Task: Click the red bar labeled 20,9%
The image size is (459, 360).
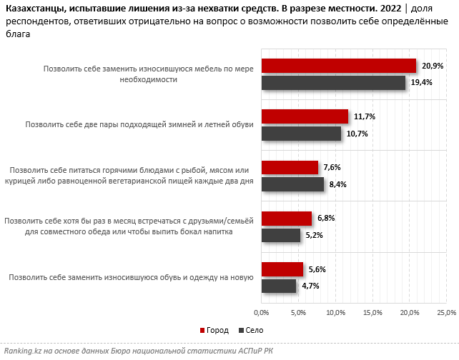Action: point(338,66)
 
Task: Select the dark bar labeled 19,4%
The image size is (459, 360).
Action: point(333,83)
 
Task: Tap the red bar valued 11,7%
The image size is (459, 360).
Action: point(305,116)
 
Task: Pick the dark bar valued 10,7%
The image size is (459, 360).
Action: point(301,134)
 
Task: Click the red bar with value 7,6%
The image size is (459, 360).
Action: point(290,167)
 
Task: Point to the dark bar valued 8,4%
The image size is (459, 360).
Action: point(292,184)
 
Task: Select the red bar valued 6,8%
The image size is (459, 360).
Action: point(287,218)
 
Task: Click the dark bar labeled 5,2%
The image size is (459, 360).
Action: point(280,235)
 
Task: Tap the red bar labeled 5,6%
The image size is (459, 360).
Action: point(282,269)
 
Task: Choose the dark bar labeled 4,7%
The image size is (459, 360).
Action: point(279,286)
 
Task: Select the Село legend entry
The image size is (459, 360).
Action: point(250,331)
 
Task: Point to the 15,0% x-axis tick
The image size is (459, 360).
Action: point(372,312)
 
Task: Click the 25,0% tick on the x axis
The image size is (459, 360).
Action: point(446,312)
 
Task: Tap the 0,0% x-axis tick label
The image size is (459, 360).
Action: point(262,312)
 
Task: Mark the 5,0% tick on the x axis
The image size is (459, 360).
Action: point(298,312)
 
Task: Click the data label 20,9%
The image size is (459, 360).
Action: point(433,66)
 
